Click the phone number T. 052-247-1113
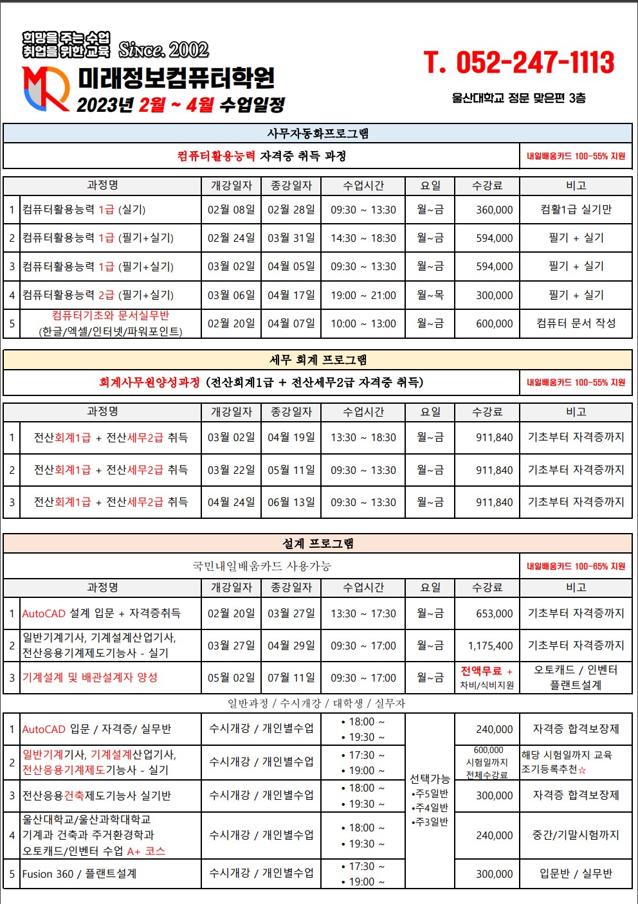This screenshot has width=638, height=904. (x=519, y=63)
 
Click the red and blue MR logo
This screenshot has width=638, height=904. (x=46, y=88)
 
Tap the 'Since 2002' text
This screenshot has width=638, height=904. (x=163, y=50)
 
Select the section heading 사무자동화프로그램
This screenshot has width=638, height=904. (x=318, y=133)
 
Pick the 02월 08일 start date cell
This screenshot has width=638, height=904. (x=231, y=210)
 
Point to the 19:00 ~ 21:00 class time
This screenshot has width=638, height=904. (x=363, y=295)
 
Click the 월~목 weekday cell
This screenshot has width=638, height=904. (x=430, y=295)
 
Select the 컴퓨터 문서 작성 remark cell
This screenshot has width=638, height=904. (x=576, y=323)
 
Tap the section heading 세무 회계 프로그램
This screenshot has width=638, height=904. (x=318, y=359)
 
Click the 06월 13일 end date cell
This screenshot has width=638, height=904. (x=291, y=502)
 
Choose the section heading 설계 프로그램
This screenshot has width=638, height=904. (x=318, y=543)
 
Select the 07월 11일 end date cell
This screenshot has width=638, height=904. (x=291, y=678)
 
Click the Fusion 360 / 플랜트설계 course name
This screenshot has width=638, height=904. (x=79, y=874)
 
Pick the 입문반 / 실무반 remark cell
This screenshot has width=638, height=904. (x=576, y=874)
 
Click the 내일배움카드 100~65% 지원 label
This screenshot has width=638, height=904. (x=576, y=566)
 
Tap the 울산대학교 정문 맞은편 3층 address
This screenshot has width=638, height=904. (x=518, y=98)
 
